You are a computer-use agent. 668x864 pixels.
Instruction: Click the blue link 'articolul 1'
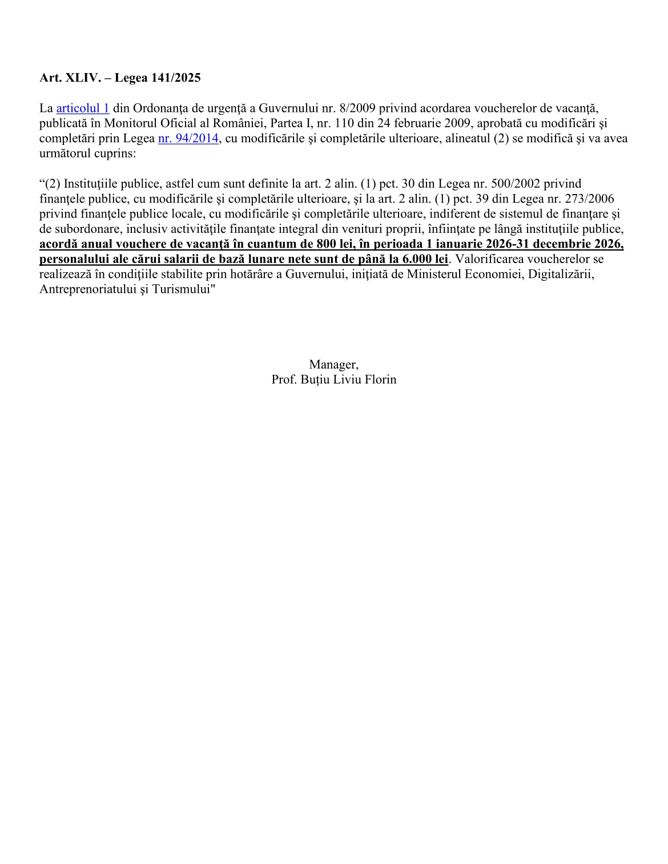[x=83, y=108]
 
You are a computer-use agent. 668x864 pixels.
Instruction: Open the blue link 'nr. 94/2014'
[x=188, y=138]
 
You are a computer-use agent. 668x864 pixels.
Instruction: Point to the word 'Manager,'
[x=334, y=364]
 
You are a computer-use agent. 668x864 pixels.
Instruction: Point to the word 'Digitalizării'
[x=561, y=274]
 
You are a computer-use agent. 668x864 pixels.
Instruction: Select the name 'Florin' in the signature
[x=380, y=379]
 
